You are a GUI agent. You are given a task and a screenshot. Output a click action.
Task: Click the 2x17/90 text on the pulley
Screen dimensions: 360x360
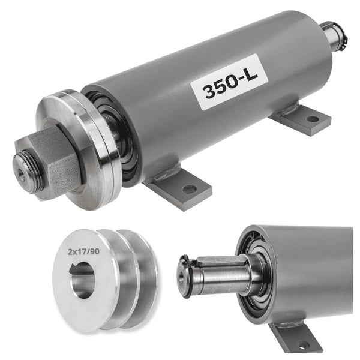tap(83, 252)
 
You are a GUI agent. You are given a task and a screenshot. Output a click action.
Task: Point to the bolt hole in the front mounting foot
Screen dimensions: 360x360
tap(189, 189)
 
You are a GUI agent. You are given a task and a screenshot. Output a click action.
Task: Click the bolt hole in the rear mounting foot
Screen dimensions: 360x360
tap(313, 119)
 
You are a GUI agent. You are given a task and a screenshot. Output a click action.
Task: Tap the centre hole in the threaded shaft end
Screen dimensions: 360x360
tap(22, 174)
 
